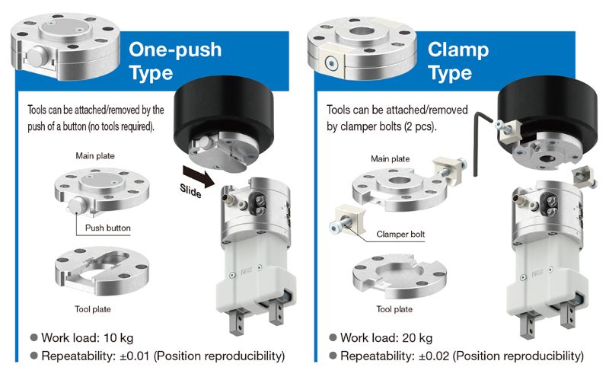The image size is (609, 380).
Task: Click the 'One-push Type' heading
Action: (175, 62)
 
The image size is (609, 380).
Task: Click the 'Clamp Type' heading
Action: (457, 62)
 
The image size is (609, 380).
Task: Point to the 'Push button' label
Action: (107, 228)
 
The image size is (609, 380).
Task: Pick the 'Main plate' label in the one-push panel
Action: (95, 156)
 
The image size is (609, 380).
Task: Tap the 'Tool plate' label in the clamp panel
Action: (395, 309)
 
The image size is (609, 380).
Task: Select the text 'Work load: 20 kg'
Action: (387, 337)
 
